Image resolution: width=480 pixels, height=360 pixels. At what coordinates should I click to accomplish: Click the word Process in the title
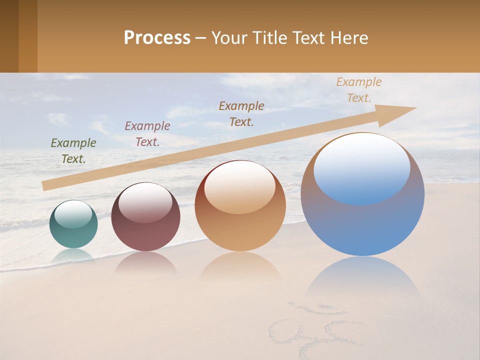tap(157, 38)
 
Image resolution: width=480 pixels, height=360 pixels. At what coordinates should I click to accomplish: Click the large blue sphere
tap(362, 220)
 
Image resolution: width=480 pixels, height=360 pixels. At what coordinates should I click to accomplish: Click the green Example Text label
tap(73, 151)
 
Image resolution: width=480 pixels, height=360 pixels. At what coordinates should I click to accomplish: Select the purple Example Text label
tap(147, 134)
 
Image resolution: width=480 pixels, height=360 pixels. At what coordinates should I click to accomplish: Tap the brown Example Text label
tap(241, 114)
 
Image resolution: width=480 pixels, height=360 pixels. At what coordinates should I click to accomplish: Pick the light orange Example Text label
tap(359, 90)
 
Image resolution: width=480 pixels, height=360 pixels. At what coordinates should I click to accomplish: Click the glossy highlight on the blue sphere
tap(361, 167)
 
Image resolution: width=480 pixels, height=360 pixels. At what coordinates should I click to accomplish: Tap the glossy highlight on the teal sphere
tap(73, 214)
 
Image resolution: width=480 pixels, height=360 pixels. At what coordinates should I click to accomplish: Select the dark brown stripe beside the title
tap(9, 36)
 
